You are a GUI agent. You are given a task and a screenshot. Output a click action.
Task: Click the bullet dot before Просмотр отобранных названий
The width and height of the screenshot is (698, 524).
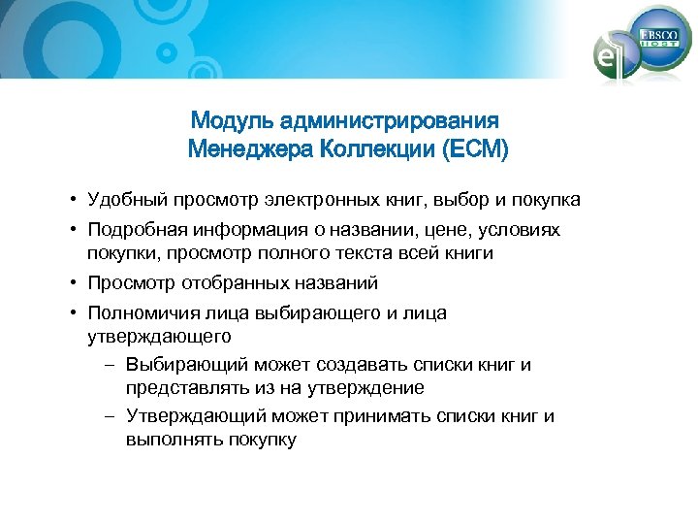click(73, 284)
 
